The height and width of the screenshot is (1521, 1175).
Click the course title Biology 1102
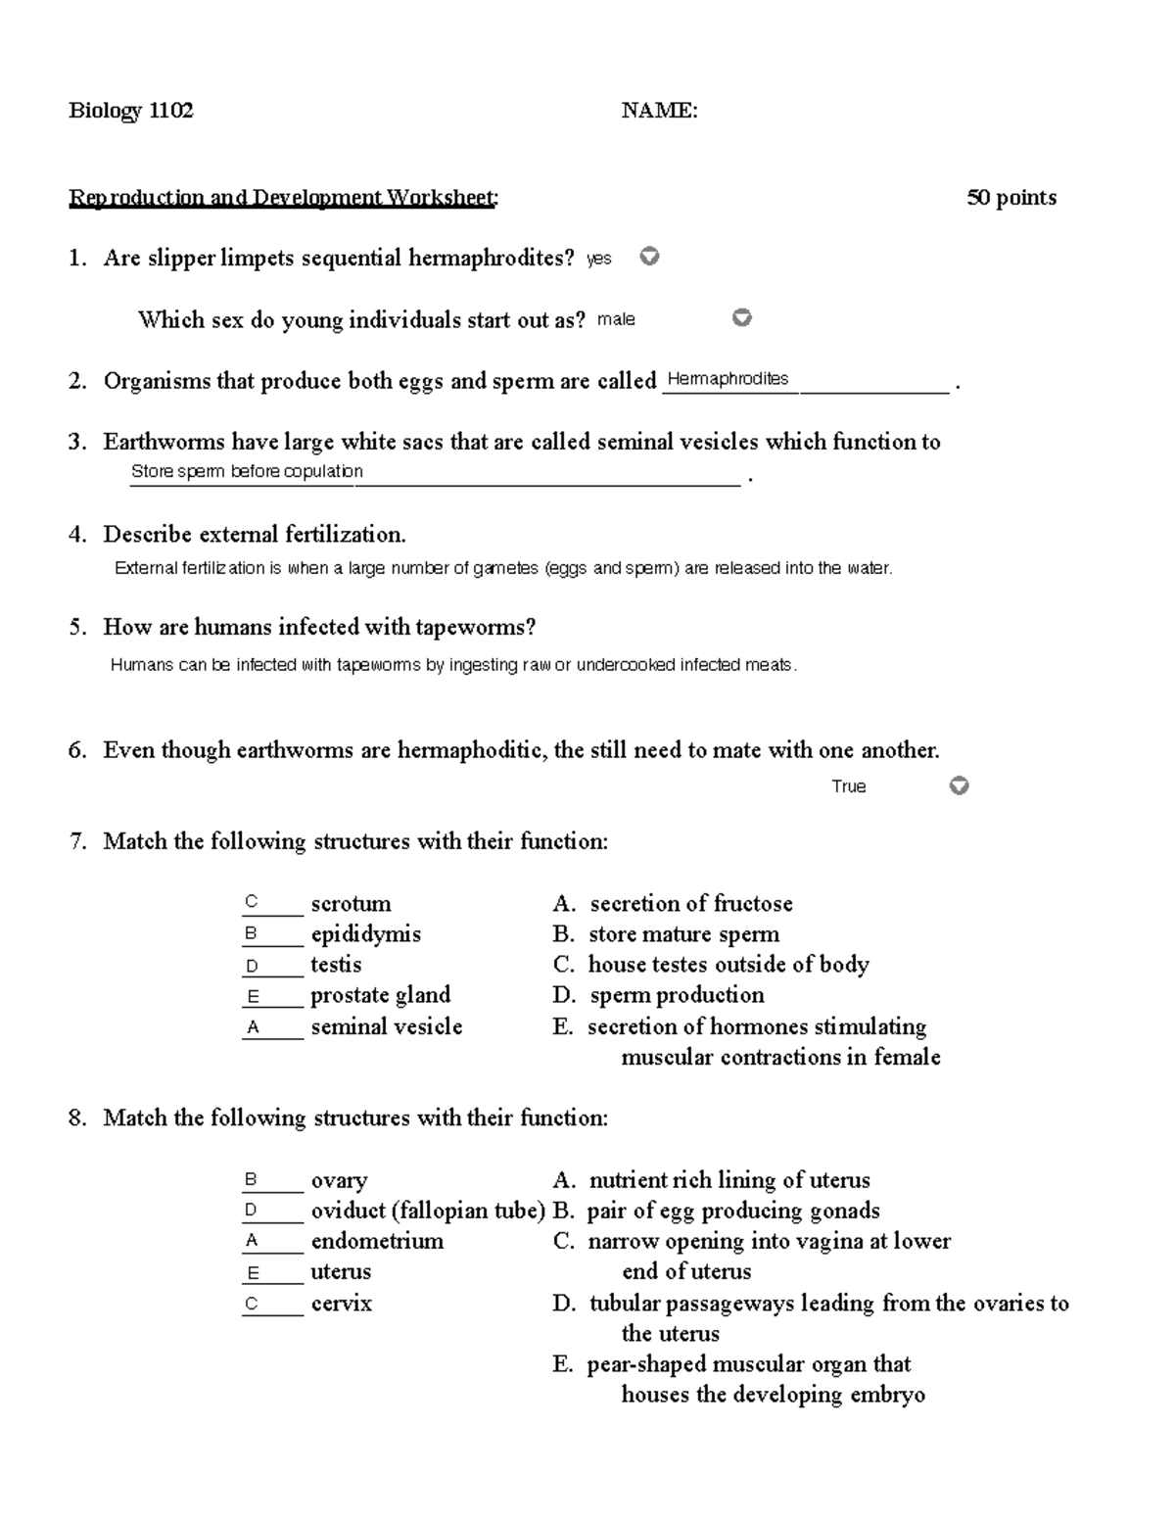[131, 111]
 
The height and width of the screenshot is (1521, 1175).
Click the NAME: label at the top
[659, 111]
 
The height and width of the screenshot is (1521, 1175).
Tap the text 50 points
[1011, 198]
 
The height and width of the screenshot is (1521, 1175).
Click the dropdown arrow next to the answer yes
[649, 257]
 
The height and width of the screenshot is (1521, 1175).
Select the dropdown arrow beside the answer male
[742, 317]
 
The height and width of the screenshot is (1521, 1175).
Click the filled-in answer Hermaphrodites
[728, 379]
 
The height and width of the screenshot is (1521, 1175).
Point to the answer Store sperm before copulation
[247, 471]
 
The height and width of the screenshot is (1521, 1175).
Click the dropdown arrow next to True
[960, 785]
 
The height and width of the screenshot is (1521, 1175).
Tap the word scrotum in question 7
[351, 904]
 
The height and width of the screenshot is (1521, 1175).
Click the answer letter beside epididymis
[252, 934]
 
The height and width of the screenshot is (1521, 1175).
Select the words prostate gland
[380, 995]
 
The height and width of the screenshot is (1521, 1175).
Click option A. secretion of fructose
[673, 904]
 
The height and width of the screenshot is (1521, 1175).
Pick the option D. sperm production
[659, 995]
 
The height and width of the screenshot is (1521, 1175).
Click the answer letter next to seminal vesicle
[253, 1027]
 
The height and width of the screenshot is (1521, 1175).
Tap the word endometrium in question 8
[377, 1241]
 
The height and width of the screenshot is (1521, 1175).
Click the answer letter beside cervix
[252, 1304]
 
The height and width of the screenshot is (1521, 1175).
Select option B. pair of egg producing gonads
[716, 1211]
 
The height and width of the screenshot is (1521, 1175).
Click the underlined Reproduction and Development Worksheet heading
[283, 198]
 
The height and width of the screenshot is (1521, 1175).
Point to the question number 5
[78, 628]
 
